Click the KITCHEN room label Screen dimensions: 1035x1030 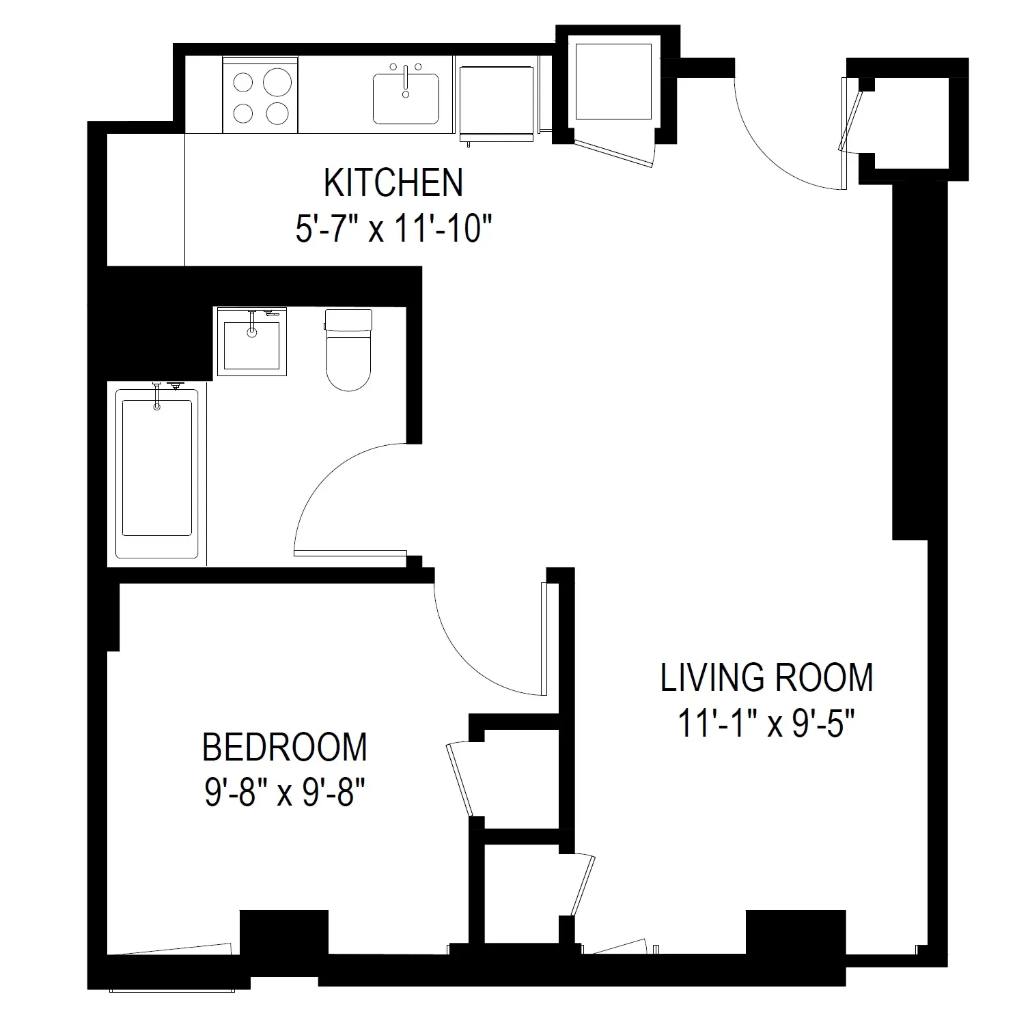click(x=393, y=183)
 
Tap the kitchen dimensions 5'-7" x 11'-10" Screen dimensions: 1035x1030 click(x=393, y=229)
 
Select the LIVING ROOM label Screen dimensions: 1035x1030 click(x=766, y=677)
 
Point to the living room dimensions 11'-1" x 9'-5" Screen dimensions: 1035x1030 click(x=766, y=723)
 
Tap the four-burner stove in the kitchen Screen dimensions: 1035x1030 click(x=260, y=96)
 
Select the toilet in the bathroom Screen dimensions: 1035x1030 click(x=348, y=350)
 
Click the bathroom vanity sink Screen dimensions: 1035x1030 click(x=251, y=341)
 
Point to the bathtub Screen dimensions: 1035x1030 click(x=156, y=471)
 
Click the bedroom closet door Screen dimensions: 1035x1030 click(x=460, y=778)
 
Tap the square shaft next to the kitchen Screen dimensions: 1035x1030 click(x=613, y=81)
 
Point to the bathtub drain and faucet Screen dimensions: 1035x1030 click(x=158, y=396)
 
